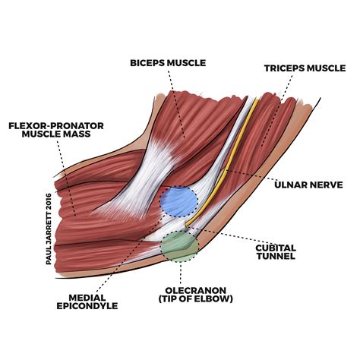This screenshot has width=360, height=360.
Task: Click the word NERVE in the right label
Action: [327, 184]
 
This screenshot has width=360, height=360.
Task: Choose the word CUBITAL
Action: [276, 248]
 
